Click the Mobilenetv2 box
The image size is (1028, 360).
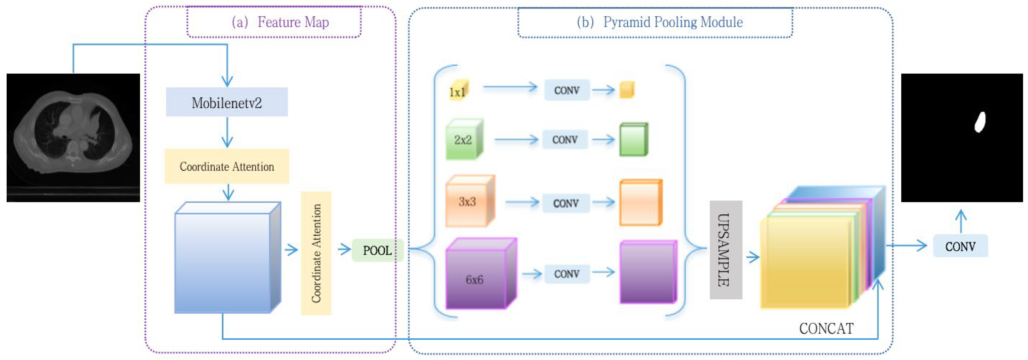227,102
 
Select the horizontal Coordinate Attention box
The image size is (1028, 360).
227,166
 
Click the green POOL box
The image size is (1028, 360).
377,250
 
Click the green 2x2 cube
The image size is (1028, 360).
464,140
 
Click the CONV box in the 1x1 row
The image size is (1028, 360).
566,90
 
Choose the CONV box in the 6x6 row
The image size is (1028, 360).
566,274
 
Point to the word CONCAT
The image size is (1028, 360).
826,328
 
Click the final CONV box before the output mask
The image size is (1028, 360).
960,246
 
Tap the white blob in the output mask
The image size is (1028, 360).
980,122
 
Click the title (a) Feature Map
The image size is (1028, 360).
281,22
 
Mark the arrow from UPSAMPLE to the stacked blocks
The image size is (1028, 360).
753,257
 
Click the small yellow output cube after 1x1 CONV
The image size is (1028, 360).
626,90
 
